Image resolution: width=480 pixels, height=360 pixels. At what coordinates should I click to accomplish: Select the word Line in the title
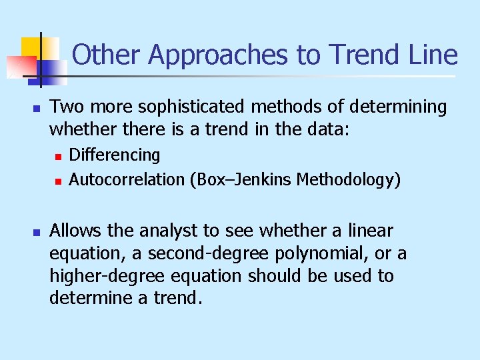coord(431,55)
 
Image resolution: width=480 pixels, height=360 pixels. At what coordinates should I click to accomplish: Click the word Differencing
coord(115,155)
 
